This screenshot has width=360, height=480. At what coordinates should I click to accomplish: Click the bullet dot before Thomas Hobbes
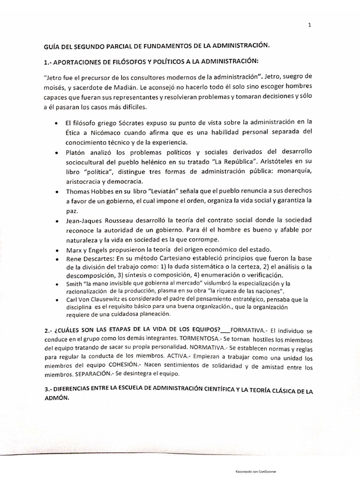[x=56, y=192]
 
